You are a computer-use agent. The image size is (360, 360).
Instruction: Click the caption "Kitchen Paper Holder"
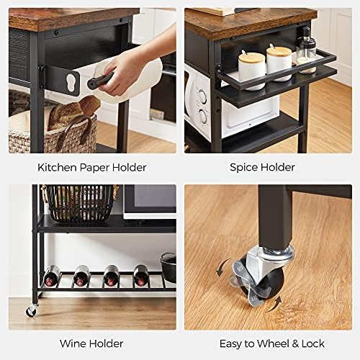click(91, 168)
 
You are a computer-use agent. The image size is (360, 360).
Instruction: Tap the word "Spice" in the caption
click(243, 168)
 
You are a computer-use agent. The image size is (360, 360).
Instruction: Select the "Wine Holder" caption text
click(91, 343)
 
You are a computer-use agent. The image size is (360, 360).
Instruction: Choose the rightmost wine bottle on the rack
click(142, 275)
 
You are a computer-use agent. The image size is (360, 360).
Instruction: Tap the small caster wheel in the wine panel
click(32, 311)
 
